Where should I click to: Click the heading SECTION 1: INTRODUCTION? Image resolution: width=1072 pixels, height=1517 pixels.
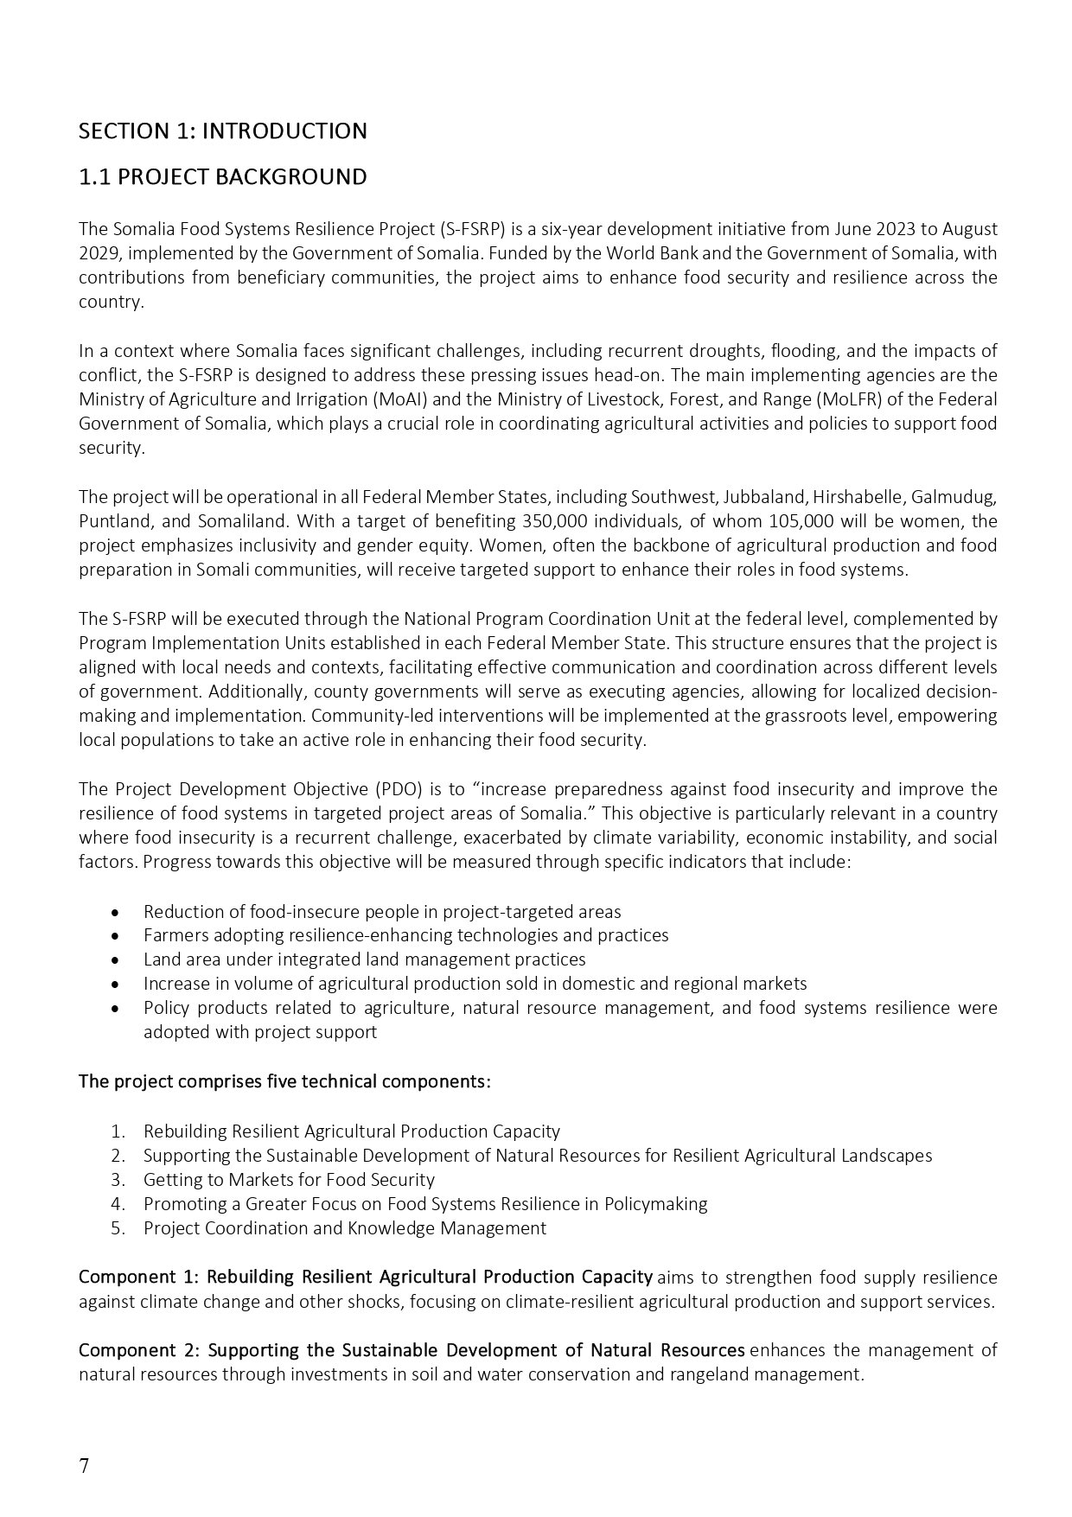[222, 131]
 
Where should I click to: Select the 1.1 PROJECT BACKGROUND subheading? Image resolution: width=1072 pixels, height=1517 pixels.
[222, 177]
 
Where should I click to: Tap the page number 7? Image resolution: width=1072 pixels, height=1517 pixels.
[84, 1466]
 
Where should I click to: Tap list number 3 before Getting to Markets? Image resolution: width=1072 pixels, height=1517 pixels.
[118, 1180]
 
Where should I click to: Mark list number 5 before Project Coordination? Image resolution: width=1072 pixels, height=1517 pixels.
[118, 1228]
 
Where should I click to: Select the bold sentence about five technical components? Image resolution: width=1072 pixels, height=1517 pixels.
[284, 1082]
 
